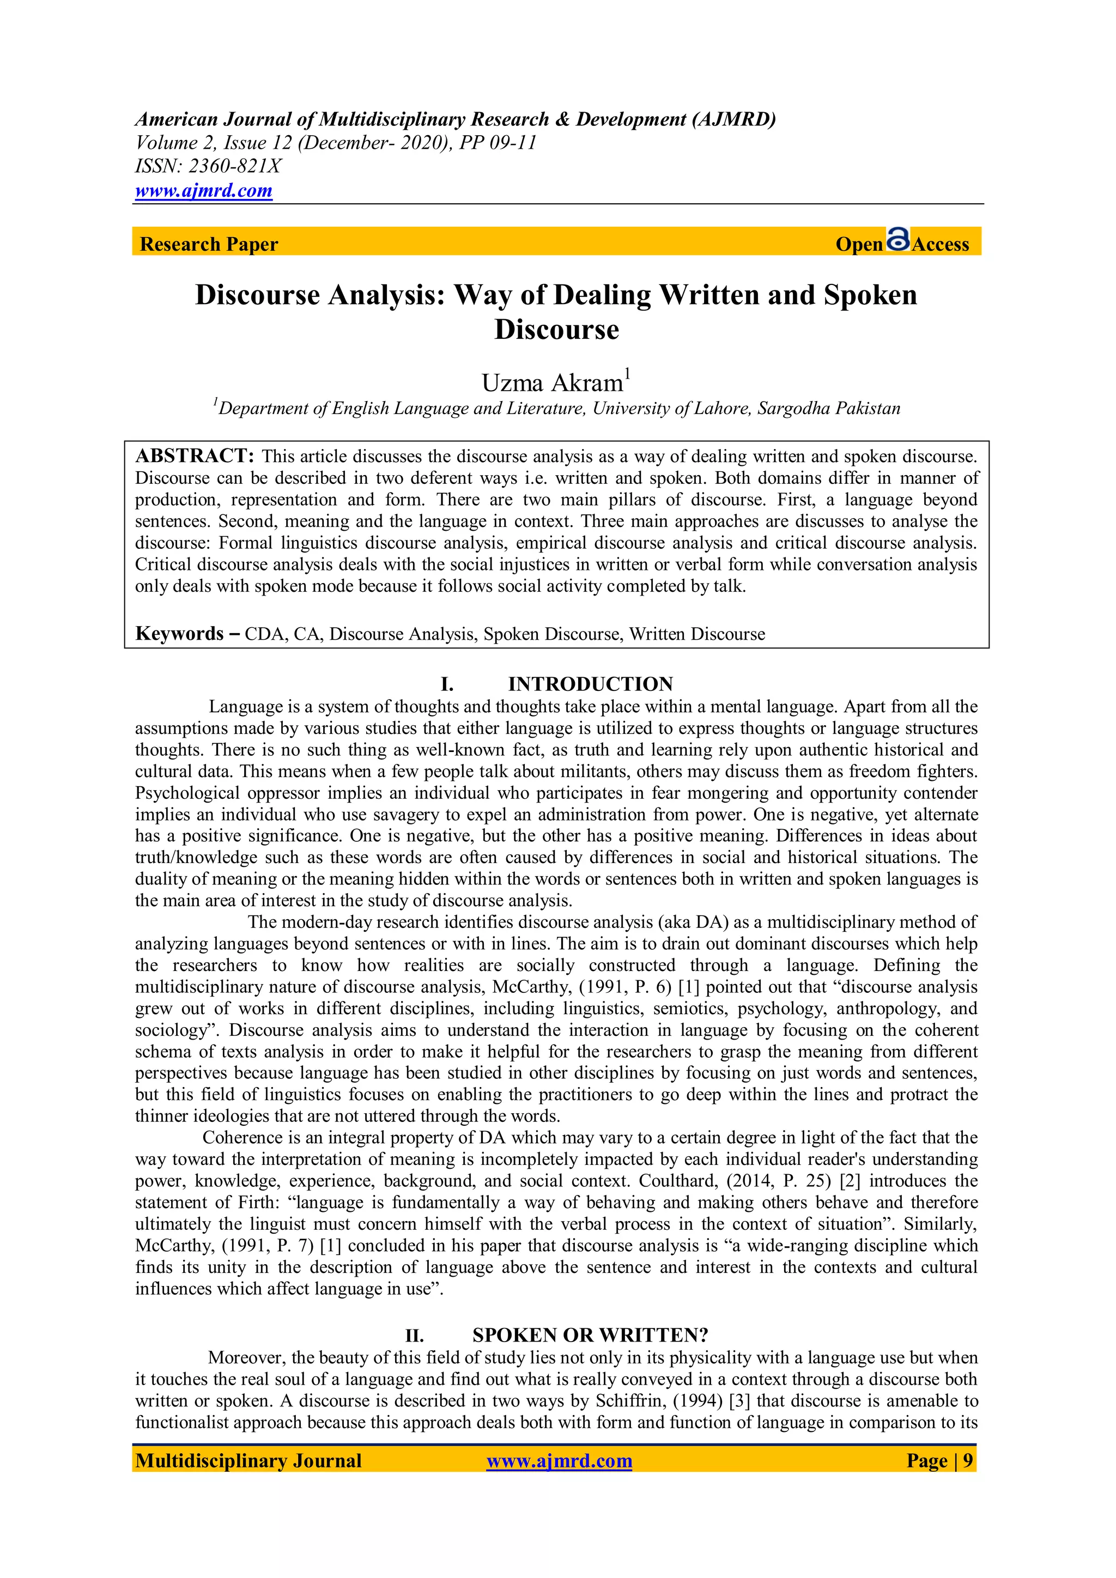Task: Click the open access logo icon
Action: pyautogui.click(x=897, y=240)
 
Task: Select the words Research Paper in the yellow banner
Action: pyautogui.click(x=209, y=244)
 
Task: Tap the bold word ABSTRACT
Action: pyautogui.click(x=195, y=456)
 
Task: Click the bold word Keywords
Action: pyautogui.click(x=179, y=633)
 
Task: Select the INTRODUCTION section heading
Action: pyautogui.click(x=590, y=684)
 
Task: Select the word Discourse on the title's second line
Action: pyautogui.click(x=556, y=329)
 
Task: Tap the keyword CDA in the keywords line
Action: pyautogui.click(x=265, y=634)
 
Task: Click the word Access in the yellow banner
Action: pyautogui.click(x=940, y=244)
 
